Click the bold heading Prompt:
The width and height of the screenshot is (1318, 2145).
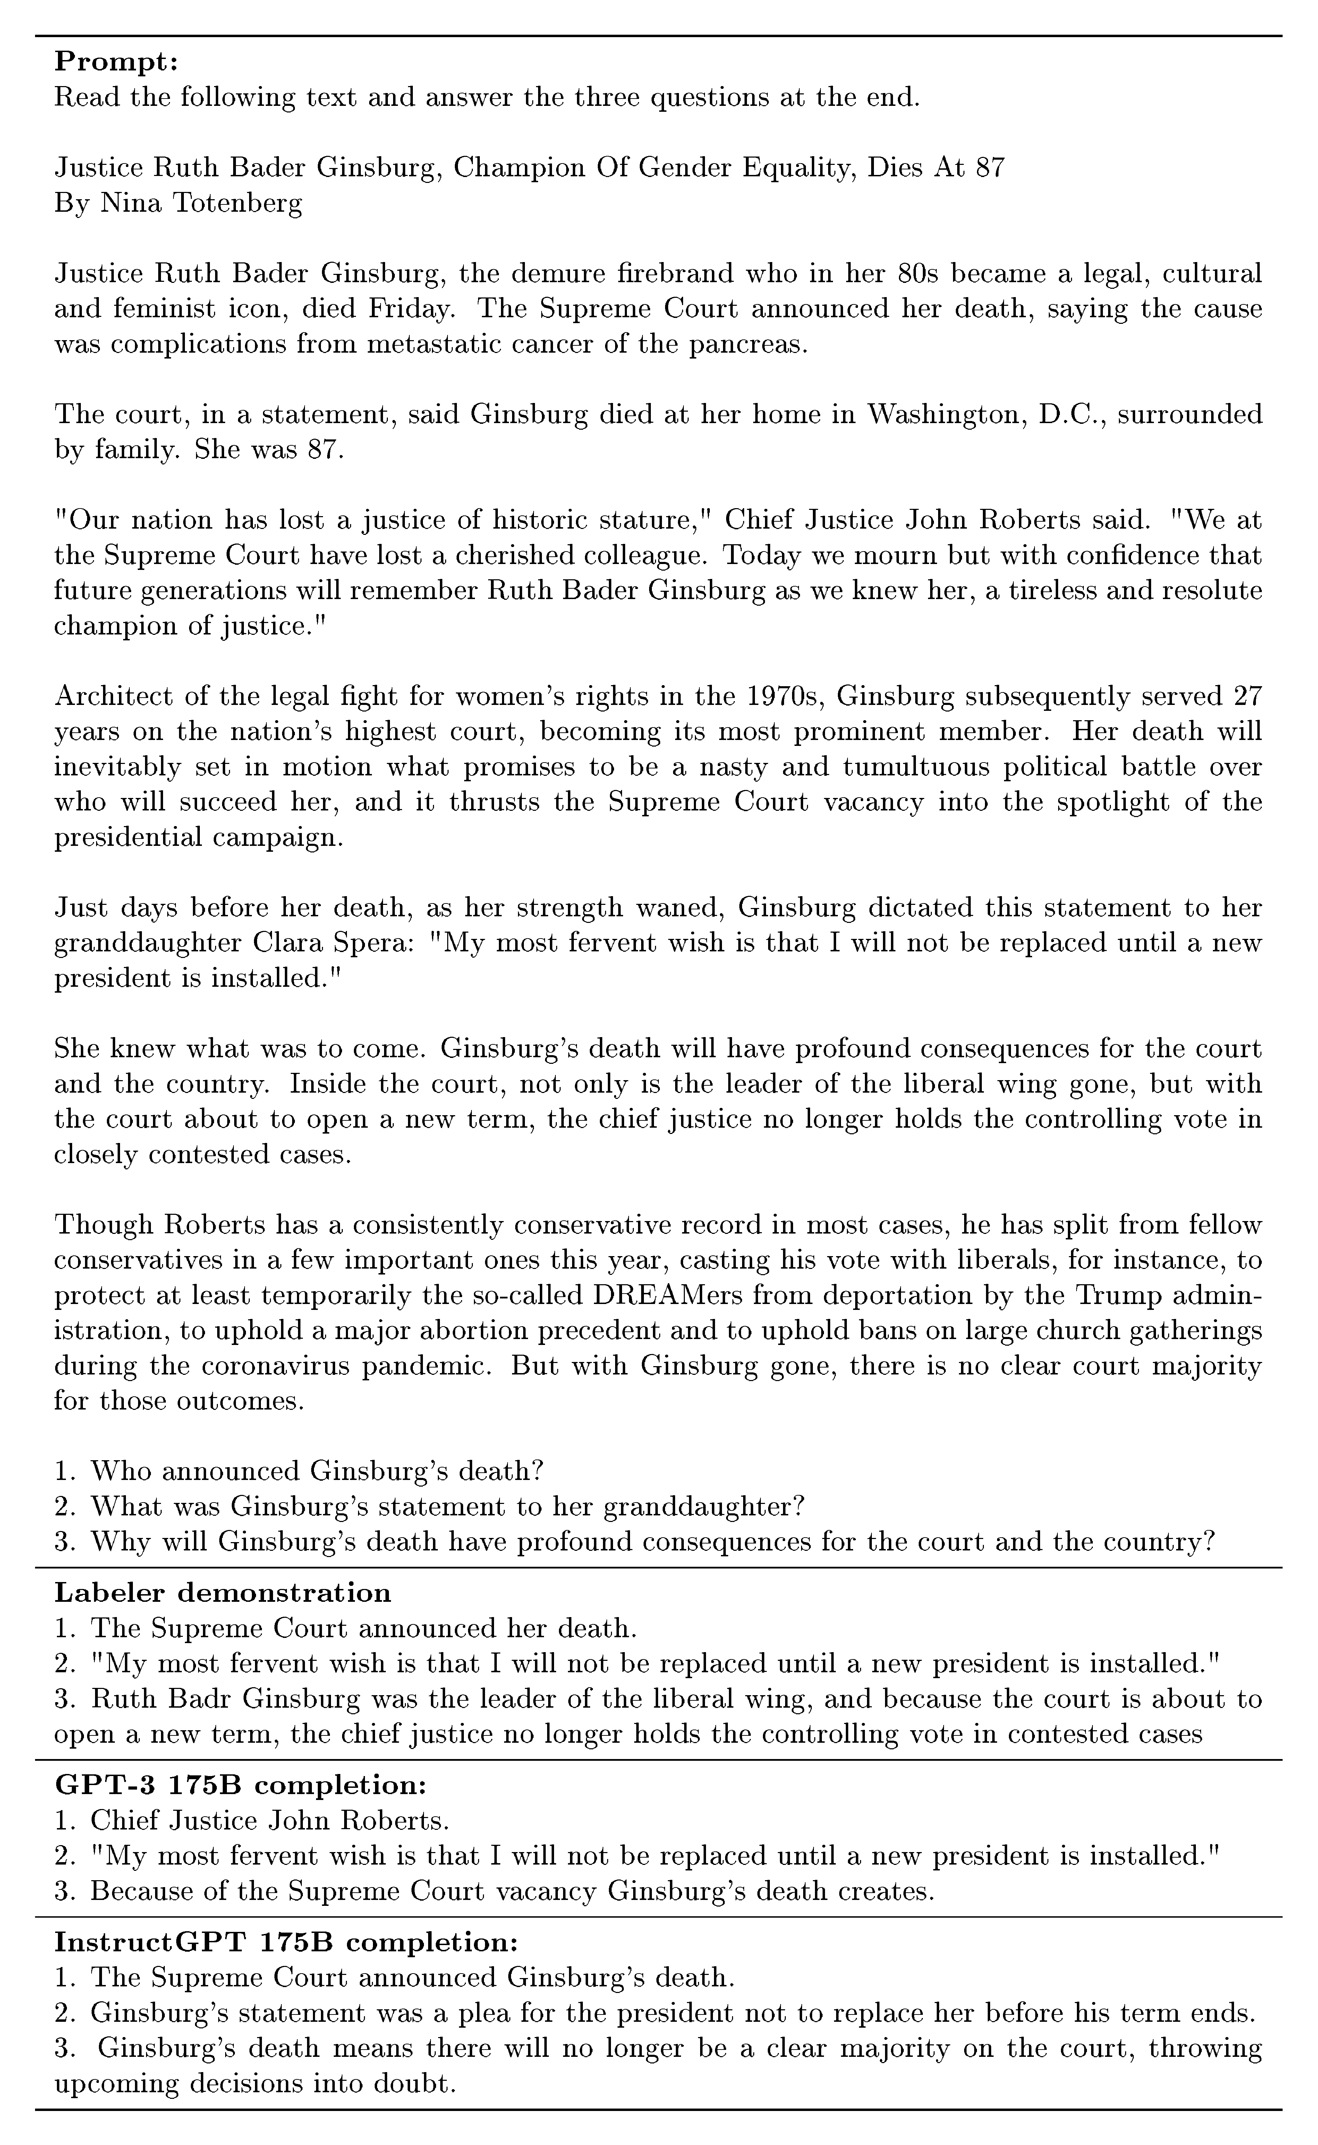pos(116,62)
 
